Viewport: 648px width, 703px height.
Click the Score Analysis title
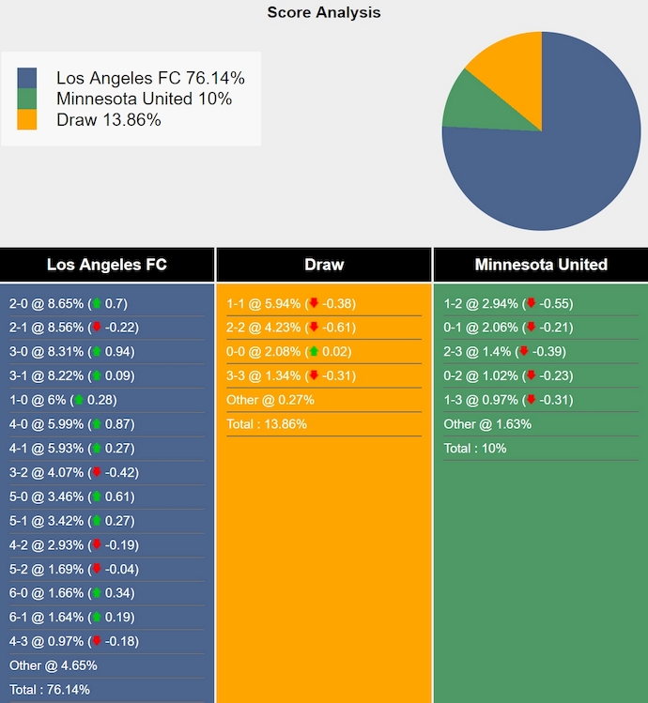click(324, 12)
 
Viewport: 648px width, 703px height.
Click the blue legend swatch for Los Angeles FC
click(27, 79)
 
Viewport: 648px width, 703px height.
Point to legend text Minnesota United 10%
click(144, 99)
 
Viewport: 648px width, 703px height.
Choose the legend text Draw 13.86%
click(108, 120)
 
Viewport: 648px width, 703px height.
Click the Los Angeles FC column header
click(107, 265)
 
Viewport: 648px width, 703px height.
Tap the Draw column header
click(324, 265)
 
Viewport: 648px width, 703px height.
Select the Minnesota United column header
click(541, 265)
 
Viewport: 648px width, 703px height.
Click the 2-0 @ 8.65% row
click(68, 304)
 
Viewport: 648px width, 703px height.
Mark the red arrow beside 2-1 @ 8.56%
click(96, 328)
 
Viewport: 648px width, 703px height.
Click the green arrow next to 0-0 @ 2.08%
click(314, 352)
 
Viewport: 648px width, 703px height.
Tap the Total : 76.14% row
click(50, 690)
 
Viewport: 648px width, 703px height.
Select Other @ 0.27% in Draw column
click(270, 400)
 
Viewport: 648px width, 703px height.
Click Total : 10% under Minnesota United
click(475, 449)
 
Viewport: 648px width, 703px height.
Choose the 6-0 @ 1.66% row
click(68, 593)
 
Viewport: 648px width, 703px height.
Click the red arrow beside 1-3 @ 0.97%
click(531, 400)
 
